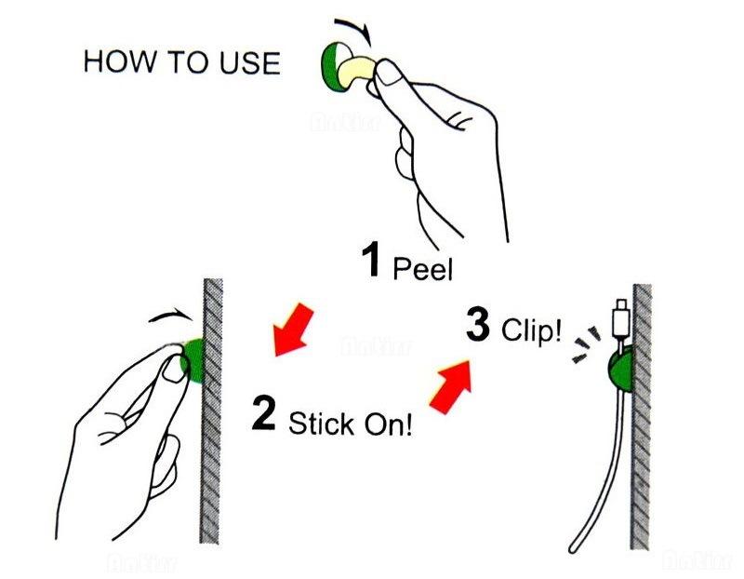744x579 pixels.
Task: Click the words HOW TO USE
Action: (181, 62)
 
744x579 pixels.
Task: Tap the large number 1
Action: (370, 261)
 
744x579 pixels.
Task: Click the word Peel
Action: (423, 270)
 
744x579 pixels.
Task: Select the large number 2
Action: (264, 415)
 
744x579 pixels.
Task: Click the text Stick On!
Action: (350, 425)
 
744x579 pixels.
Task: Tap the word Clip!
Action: (532, 332)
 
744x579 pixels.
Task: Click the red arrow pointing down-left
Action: (291, 330)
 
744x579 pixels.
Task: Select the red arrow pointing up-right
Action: (451, 384)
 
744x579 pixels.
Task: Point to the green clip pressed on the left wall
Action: (194, 361)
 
